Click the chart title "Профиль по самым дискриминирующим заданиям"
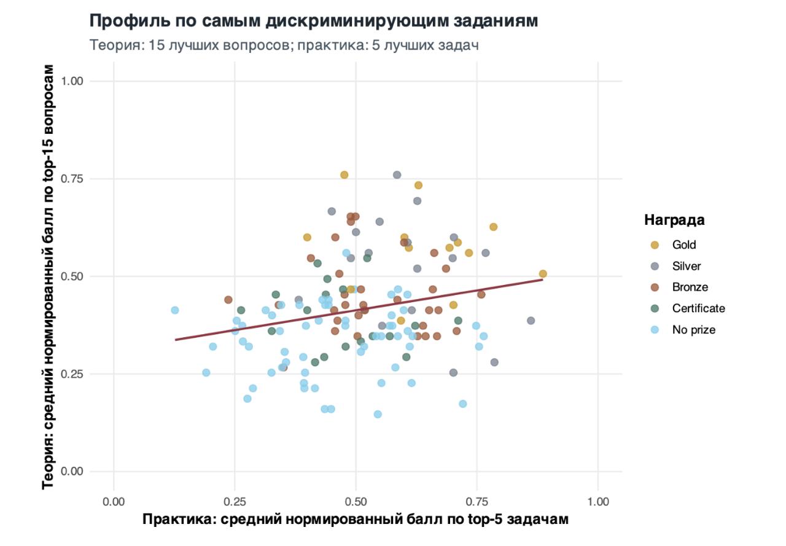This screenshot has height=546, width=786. (314, 21)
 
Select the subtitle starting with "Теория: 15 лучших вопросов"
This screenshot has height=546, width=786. (284, 45)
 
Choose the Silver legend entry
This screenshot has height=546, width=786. (686, 266)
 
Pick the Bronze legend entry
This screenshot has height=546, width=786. (690, 287)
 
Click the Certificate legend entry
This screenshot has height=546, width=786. (698, 308)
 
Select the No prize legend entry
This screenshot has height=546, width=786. (693, 330)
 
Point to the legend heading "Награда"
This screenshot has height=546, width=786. (674, 220)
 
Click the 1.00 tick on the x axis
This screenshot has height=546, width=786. (598, 502)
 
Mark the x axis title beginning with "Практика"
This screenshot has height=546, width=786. (356, 520)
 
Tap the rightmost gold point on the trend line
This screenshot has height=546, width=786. (543, 274)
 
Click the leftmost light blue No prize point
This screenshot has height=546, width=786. (175, 310)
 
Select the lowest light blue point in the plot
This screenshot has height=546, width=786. (378, 414)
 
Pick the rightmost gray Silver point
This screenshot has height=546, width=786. (531, 321)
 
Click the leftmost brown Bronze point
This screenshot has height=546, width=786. (228, 300)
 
